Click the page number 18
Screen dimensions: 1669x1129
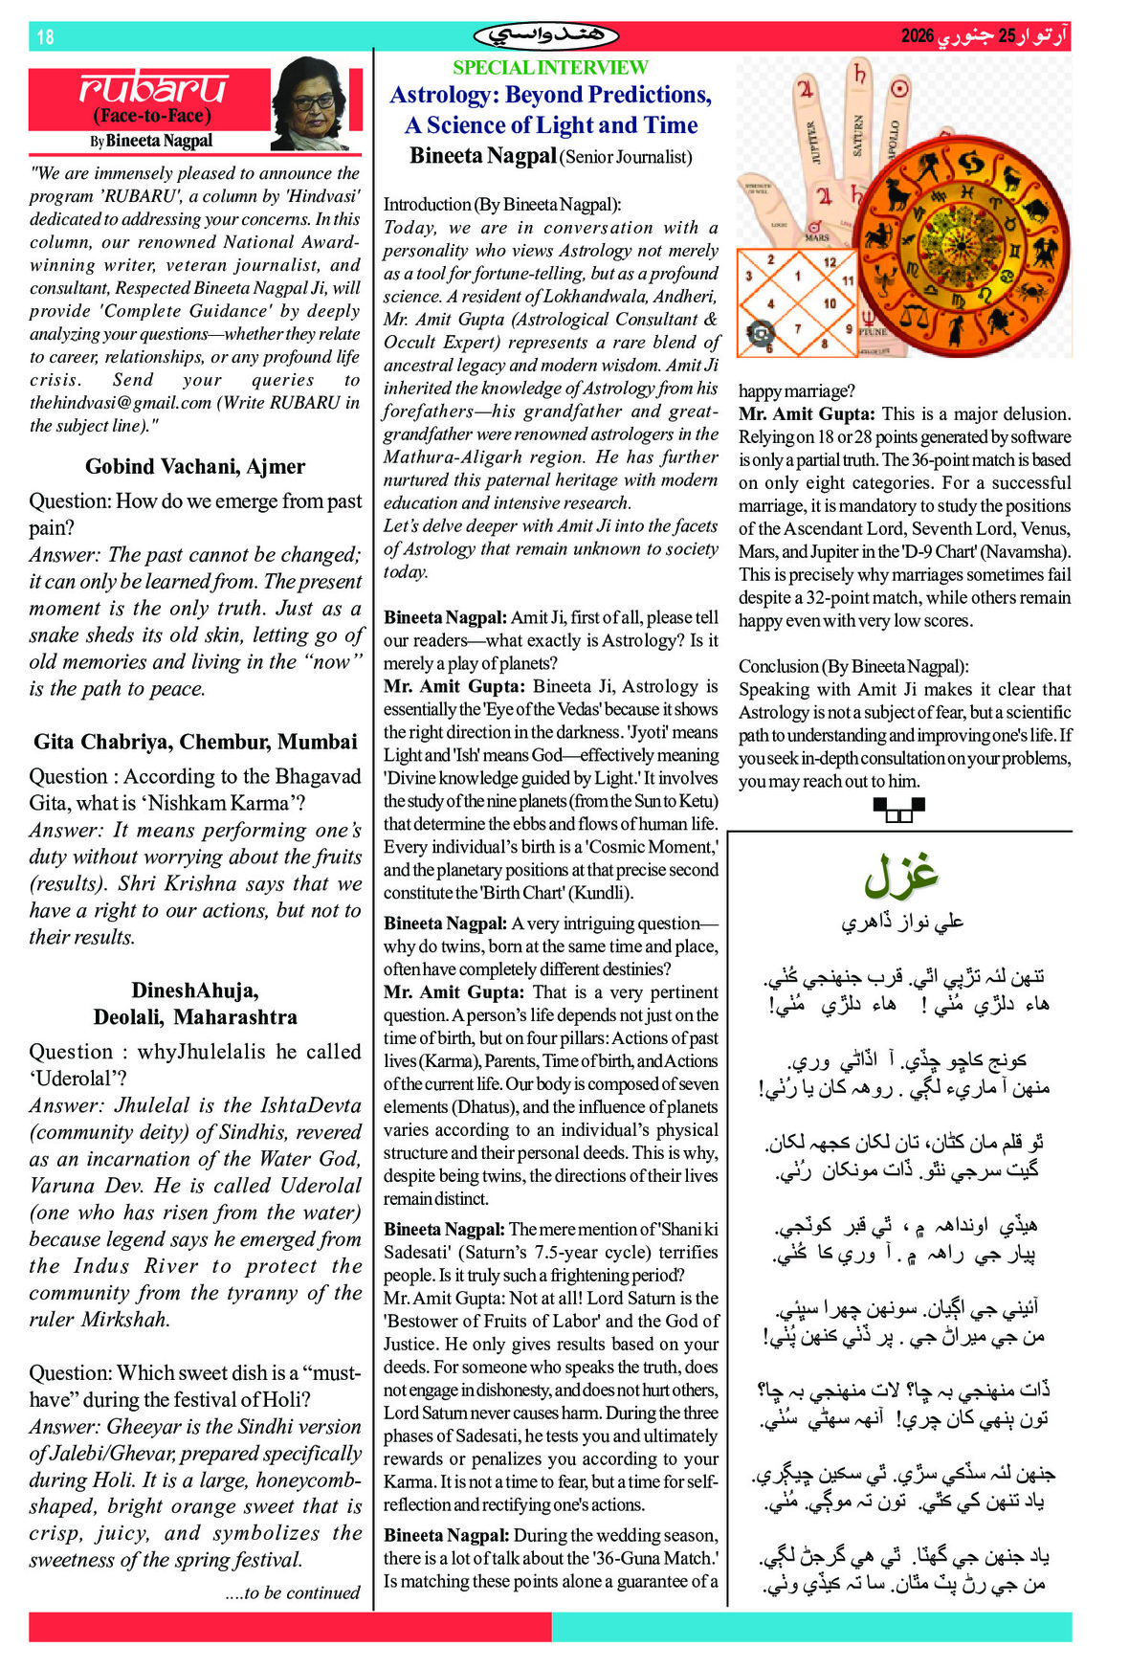coord(45,37)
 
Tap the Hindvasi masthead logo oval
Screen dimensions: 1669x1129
coord(546,36)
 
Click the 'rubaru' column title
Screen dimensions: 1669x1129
coord(153,88)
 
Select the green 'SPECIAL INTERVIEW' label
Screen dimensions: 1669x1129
coord(550,68)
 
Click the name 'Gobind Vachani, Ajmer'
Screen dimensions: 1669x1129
coord(195,467)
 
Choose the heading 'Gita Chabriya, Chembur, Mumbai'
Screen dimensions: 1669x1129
coord(195,742)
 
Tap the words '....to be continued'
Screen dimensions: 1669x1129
coord(293,1592)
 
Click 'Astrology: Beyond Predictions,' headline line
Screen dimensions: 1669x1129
coord(550,95)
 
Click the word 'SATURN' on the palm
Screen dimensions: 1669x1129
coord(857,136)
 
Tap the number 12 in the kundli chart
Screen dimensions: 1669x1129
coord(830,262)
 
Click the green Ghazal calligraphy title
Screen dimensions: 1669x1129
coord(900,875)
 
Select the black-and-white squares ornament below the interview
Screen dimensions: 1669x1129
coord(899,811)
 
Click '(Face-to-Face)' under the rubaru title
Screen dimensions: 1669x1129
coord(152,116)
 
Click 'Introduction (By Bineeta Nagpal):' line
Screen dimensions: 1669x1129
coord(502,205)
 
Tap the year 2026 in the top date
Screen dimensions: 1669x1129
coord(917,36)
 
